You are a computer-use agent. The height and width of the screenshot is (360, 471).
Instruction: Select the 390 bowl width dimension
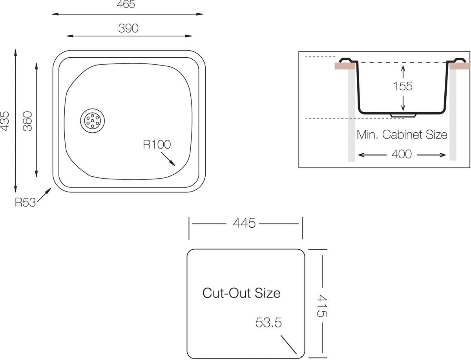128,28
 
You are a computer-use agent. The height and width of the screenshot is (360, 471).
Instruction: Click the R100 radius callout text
157,144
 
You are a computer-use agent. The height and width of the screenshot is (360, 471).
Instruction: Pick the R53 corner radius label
25,203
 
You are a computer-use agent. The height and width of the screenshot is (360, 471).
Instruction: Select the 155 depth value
403,86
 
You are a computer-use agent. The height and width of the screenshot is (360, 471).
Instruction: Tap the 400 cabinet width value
402,155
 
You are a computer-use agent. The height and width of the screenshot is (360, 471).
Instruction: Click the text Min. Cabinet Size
402,135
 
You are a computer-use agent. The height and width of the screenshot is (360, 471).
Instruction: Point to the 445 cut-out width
244,223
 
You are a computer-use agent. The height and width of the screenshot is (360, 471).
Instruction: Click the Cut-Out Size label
241,293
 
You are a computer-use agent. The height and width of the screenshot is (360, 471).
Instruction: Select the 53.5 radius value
268,323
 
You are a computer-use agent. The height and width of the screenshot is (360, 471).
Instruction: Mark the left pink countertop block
344,66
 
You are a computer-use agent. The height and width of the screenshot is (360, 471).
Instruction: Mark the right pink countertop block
460,66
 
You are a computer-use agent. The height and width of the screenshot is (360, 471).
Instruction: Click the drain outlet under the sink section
403,115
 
